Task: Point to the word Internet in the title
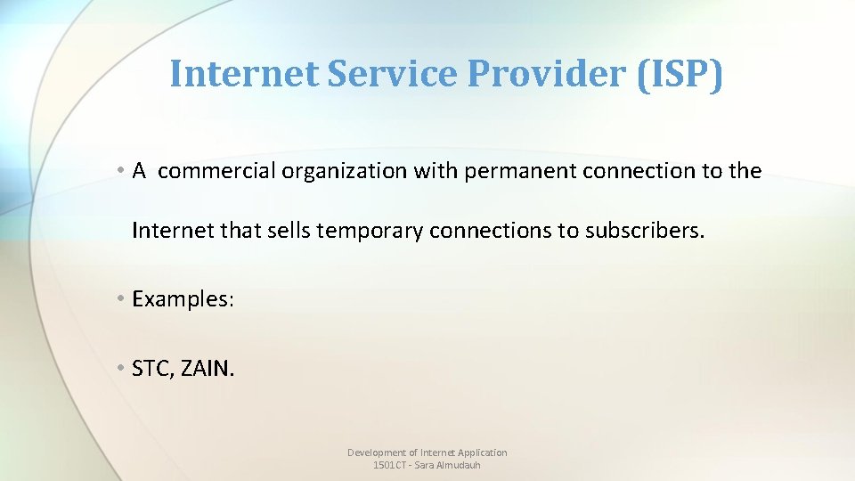click(243, 75)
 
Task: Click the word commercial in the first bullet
click(216, 171)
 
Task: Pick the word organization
click(345, 171)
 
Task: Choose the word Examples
click(183, 299)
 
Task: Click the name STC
click(151, 367)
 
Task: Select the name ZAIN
click(208, 367)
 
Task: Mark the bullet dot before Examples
click(120, 299)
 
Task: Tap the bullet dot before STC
click(120, 367)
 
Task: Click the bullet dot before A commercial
click(120, 171)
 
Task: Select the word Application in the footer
click(482, 452)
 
